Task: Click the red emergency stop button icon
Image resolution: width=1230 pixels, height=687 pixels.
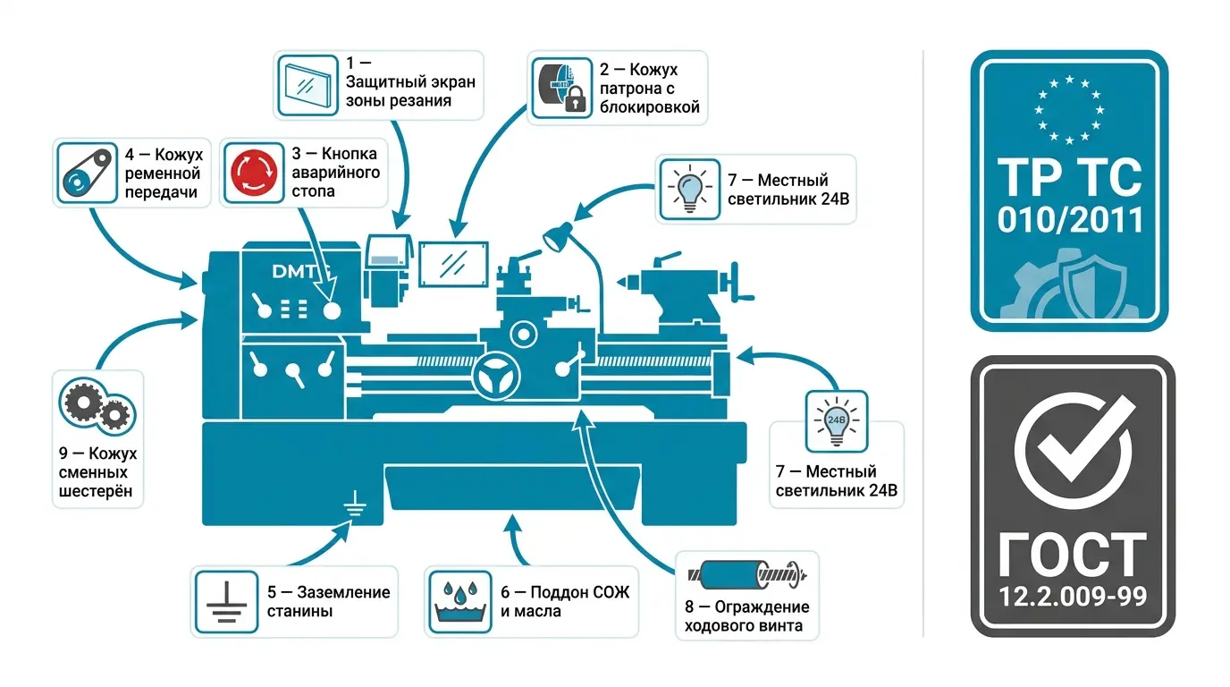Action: (x=254, y=173)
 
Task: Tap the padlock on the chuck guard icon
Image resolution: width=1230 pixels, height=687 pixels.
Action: (x=575, y=99)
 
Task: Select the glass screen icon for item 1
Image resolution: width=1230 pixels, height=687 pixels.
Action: (x=307, y=86)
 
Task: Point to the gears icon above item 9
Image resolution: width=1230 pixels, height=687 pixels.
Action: (x=97, y=405)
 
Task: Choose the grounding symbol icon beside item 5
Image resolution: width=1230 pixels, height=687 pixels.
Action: (x=226, y=602)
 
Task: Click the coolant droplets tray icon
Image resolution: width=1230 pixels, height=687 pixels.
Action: (x=460, y=602)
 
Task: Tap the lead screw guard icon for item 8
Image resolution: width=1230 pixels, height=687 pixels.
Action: (x=747, y=574)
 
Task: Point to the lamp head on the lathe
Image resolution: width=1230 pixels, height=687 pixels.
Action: (x=557, y=237)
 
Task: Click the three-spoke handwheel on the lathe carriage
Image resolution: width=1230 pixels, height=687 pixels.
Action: (x=496, y=377)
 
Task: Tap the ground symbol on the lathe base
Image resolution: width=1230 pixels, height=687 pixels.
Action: (x=355, y=504)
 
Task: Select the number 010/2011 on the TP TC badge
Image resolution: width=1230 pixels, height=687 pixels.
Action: (x=1070, y=220)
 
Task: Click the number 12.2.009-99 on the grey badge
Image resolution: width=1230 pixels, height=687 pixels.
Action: (x=1073, y=597)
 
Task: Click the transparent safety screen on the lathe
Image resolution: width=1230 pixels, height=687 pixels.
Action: (x=453, y=265)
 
